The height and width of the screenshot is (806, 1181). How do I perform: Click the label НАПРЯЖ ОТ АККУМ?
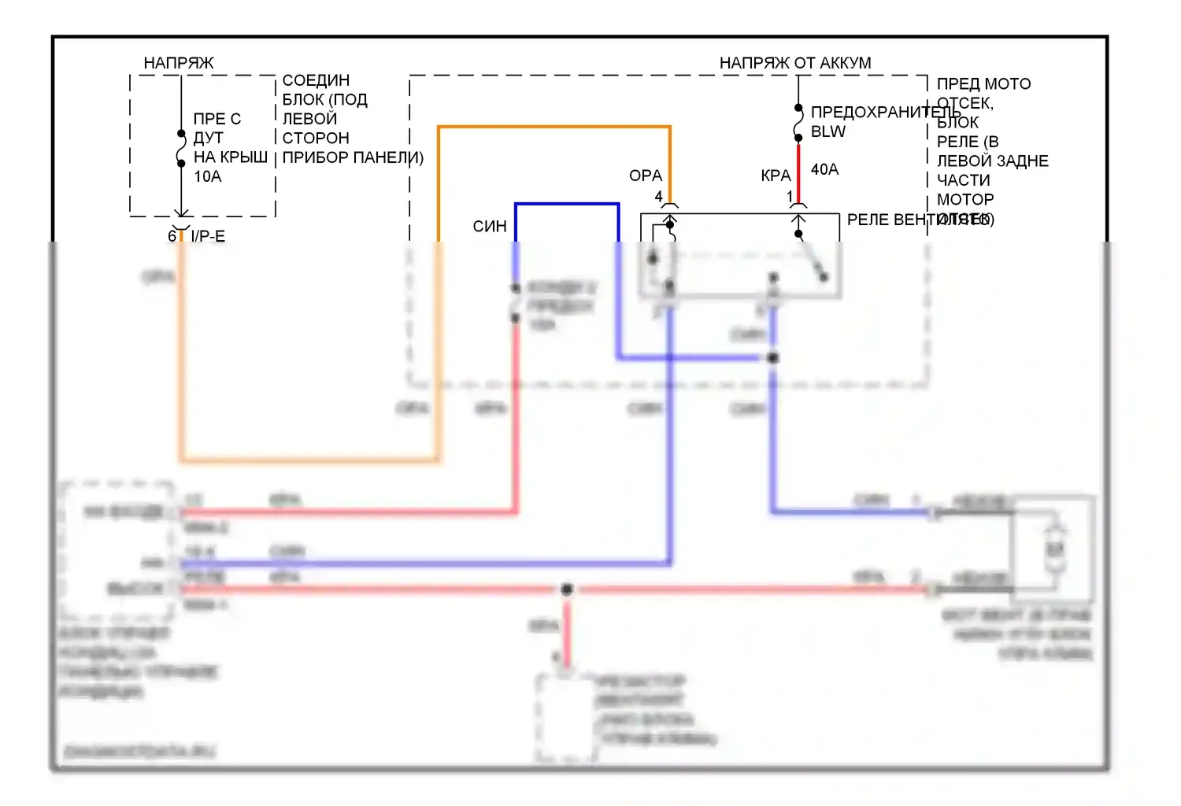pyautogui.click(x=795, y=63)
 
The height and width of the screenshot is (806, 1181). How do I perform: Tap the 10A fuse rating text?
pyautogui.click(x=208, y=177)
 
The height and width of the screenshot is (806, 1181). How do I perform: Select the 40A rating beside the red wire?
pyautogui.click(x=824, y=169)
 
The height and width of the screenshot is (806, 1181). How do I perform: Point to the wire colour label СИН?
pyautogui.click(x=490, y=227)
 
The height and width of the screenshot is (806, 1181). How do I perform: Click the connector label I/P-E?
pyautogui.click(x=208, y=236)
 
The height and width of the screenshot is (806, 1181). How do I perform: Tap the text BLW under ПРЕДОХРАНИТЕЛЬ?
pyautogui.click(x=828, y=132)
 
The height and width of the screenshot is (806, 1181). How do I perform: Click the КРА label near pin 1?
pyautogui.click(x=776, y=176)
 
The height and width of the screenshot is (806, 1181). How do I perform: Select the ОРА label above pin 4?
pyautogui.click(x=646, y=176)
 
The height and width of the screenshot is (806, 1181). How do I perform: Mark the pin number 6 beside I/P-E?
pyautogui.click(x=172, y=236)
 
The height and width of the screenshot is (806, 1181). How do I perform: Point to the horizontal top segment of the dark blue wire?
pyautogui.click(x=567, y=205)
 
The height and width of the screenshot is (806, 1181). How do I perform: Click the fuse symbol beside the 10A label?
pyautogui.click(x=181, y=149)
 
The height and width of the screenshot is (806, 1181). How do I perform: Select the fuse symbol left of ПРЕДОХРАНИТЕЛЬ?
pyautogui.click(x=798, y=123)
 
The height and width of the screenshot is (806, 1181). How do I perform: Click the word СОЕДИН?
pyautogui.click(x=316, y=80)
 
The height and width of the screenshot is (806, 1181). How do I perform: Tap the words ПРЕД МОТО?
pyautogui.click(x=983, y=84)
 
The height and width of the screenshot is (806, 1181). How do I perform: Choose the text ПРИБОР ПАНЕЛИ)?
pyautogui.click(x=353, y=157)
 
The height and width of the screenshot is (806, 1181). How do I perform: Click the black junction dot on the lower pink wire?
pyautogui.click(x=566, y=589)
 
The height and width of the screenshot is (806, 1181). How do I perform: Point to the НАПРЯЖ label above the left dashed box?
pyautogui.click(x=179, y=63)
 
